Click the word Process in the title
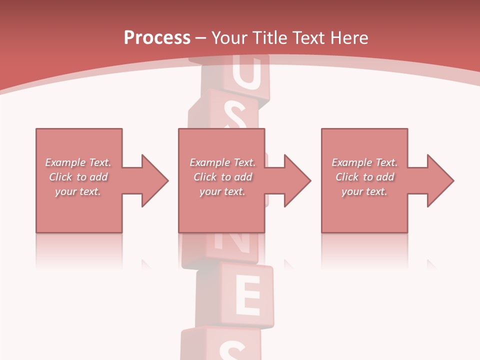click(157, 38)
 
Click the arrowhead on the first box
click(152, 180)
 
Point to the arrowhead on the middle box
click(295, 180)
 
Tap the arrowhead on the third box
click(438, 180)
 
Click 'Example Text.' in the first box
click(78, 162)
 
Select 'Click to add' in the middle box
click(222, 177)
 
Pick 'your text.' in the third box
click(364, 191)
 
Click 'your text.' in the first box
click(78, 191)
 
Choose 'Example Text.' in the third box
click(364, 162)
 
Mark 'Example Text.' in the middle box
click(222, 162)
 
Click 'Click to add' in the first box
click(78, 177)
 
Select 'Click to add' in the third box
click(364, 177)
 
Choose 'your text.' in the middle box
click(222, 191)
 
